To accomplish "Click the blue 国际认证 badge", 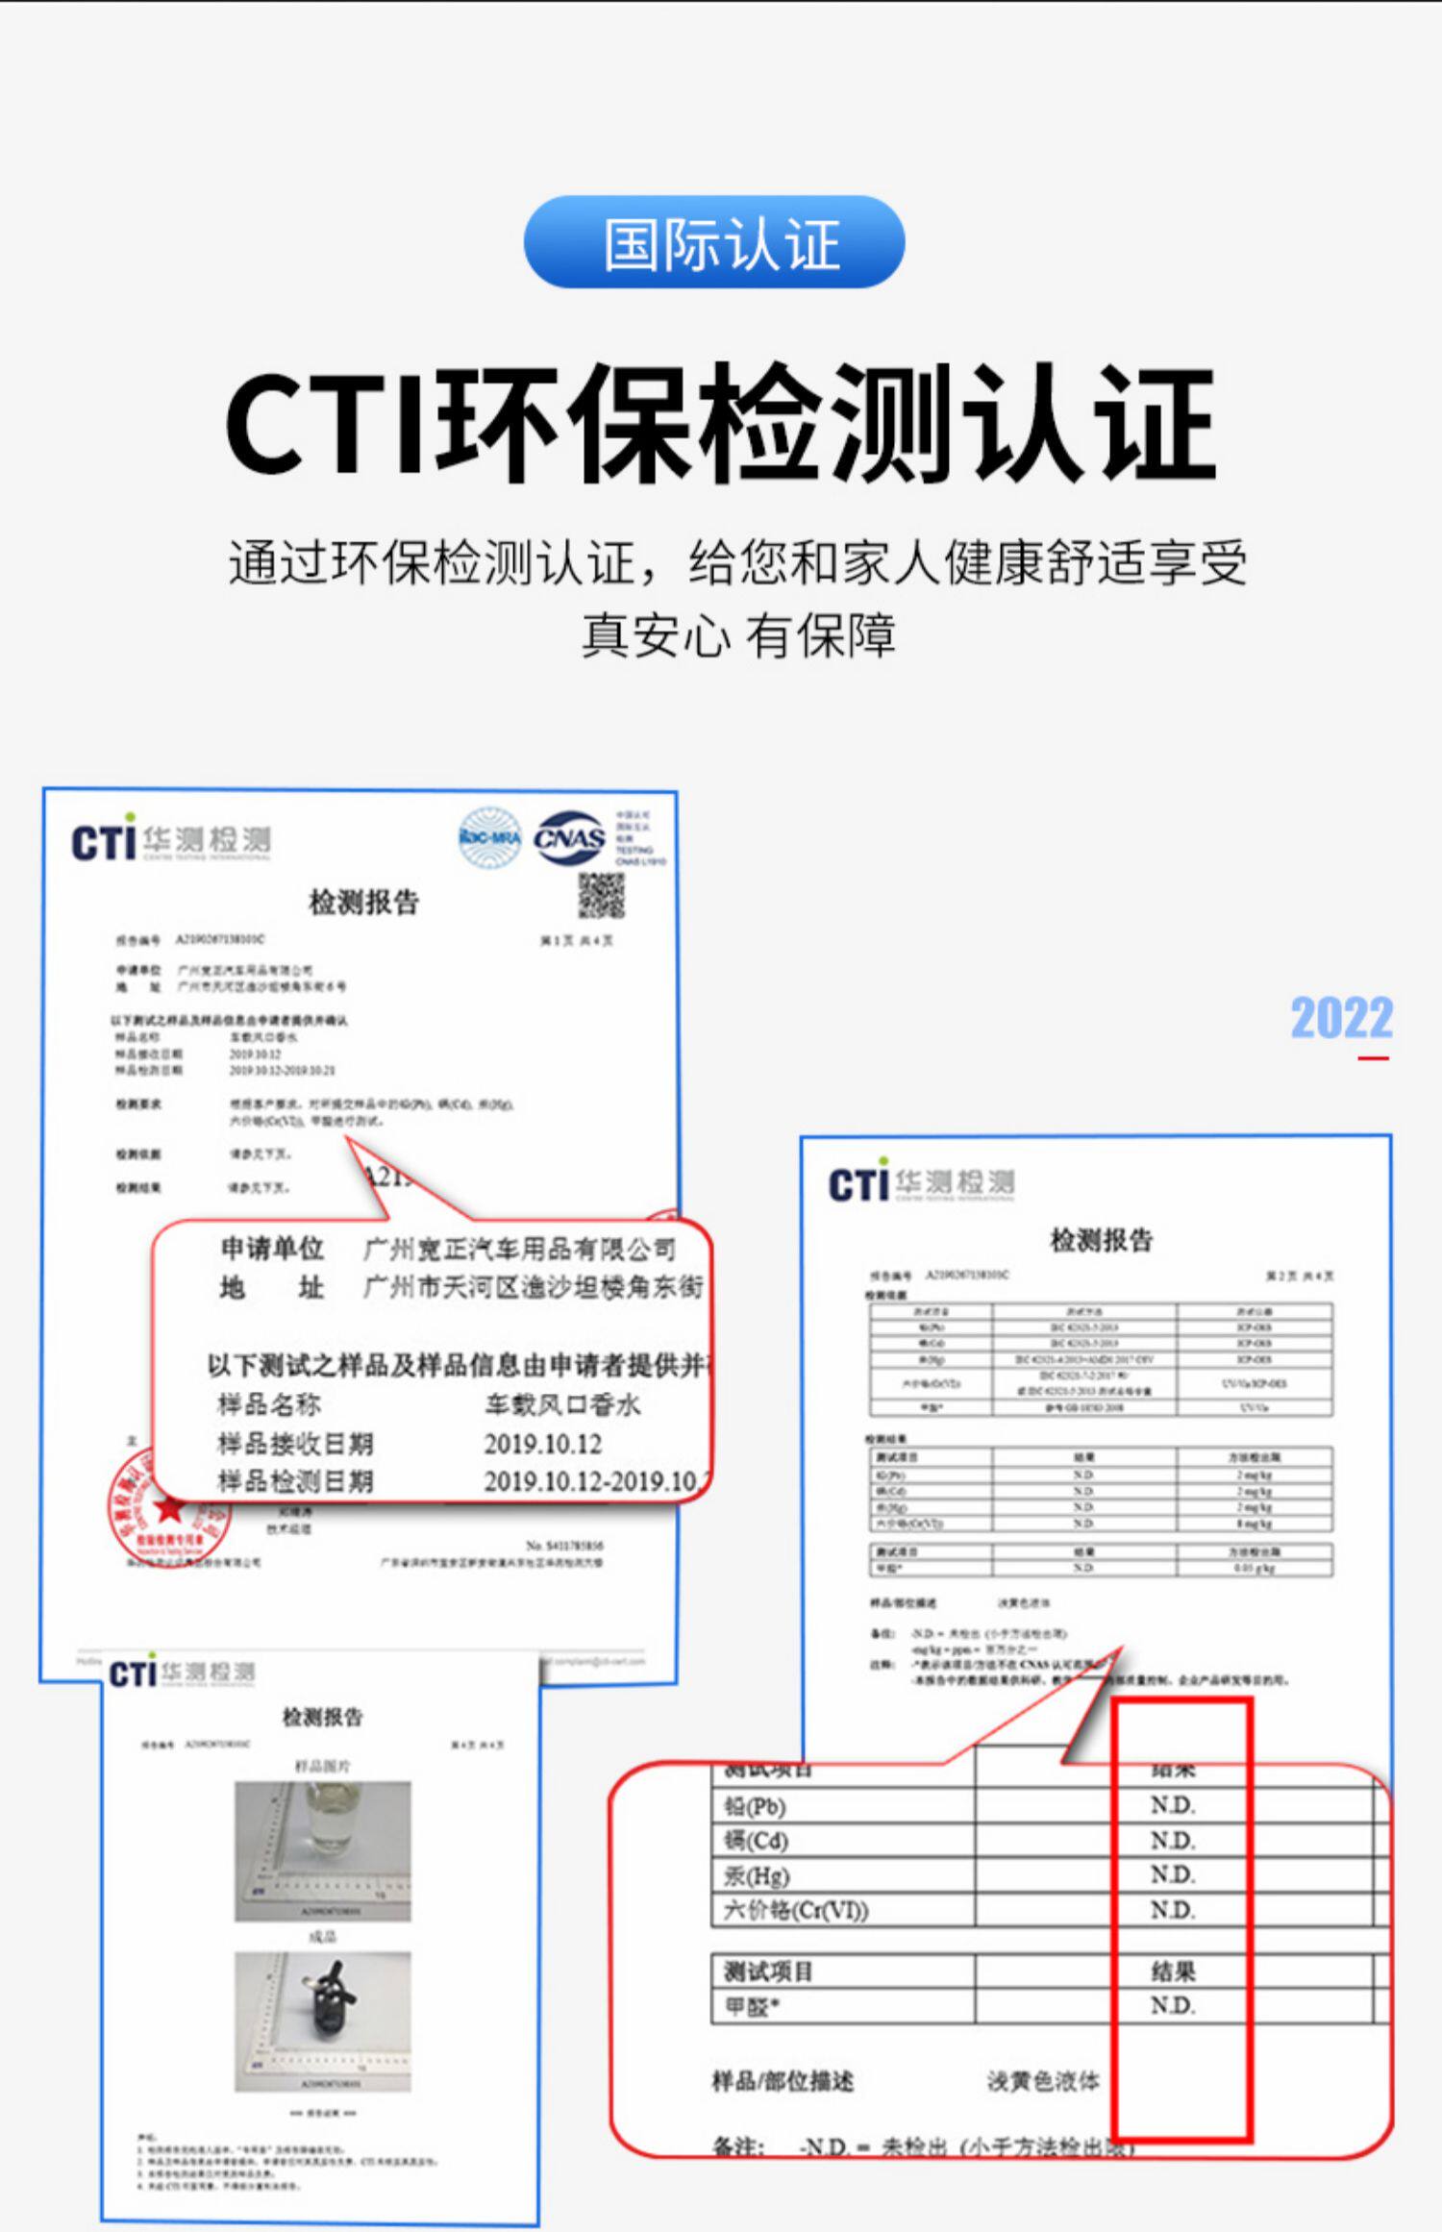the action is [713, 242].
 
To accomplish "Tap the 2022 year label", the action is [1341, 1019].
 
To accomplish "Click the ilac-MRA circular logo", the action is [490, 838].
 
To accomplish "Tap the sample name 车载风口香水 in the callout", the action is [562, 1405].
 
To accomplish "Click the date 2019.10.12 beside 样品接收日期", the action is [542, 1444].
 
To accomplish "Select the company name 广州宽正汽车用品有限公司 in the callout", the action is [519, 1250].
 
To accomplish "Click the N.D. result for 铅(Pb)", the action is [1173, 1806].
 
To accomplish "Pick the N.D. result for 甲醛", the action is [1173, 2006].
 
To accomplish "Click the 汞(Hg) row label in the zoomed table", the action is [757, 1875].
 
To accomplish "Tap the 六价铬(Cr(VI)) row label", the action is [795, 1910].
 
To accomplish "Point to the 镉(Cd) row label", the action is [756, 1841].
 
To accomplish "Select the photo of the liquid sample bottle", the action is [323, 1850].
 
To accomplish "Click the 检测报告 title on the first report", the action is [363, 902].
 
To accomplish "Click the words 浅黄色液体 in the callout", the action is [1043, 2081].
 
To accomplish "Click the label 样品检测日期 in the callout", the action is [295, 1481].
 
